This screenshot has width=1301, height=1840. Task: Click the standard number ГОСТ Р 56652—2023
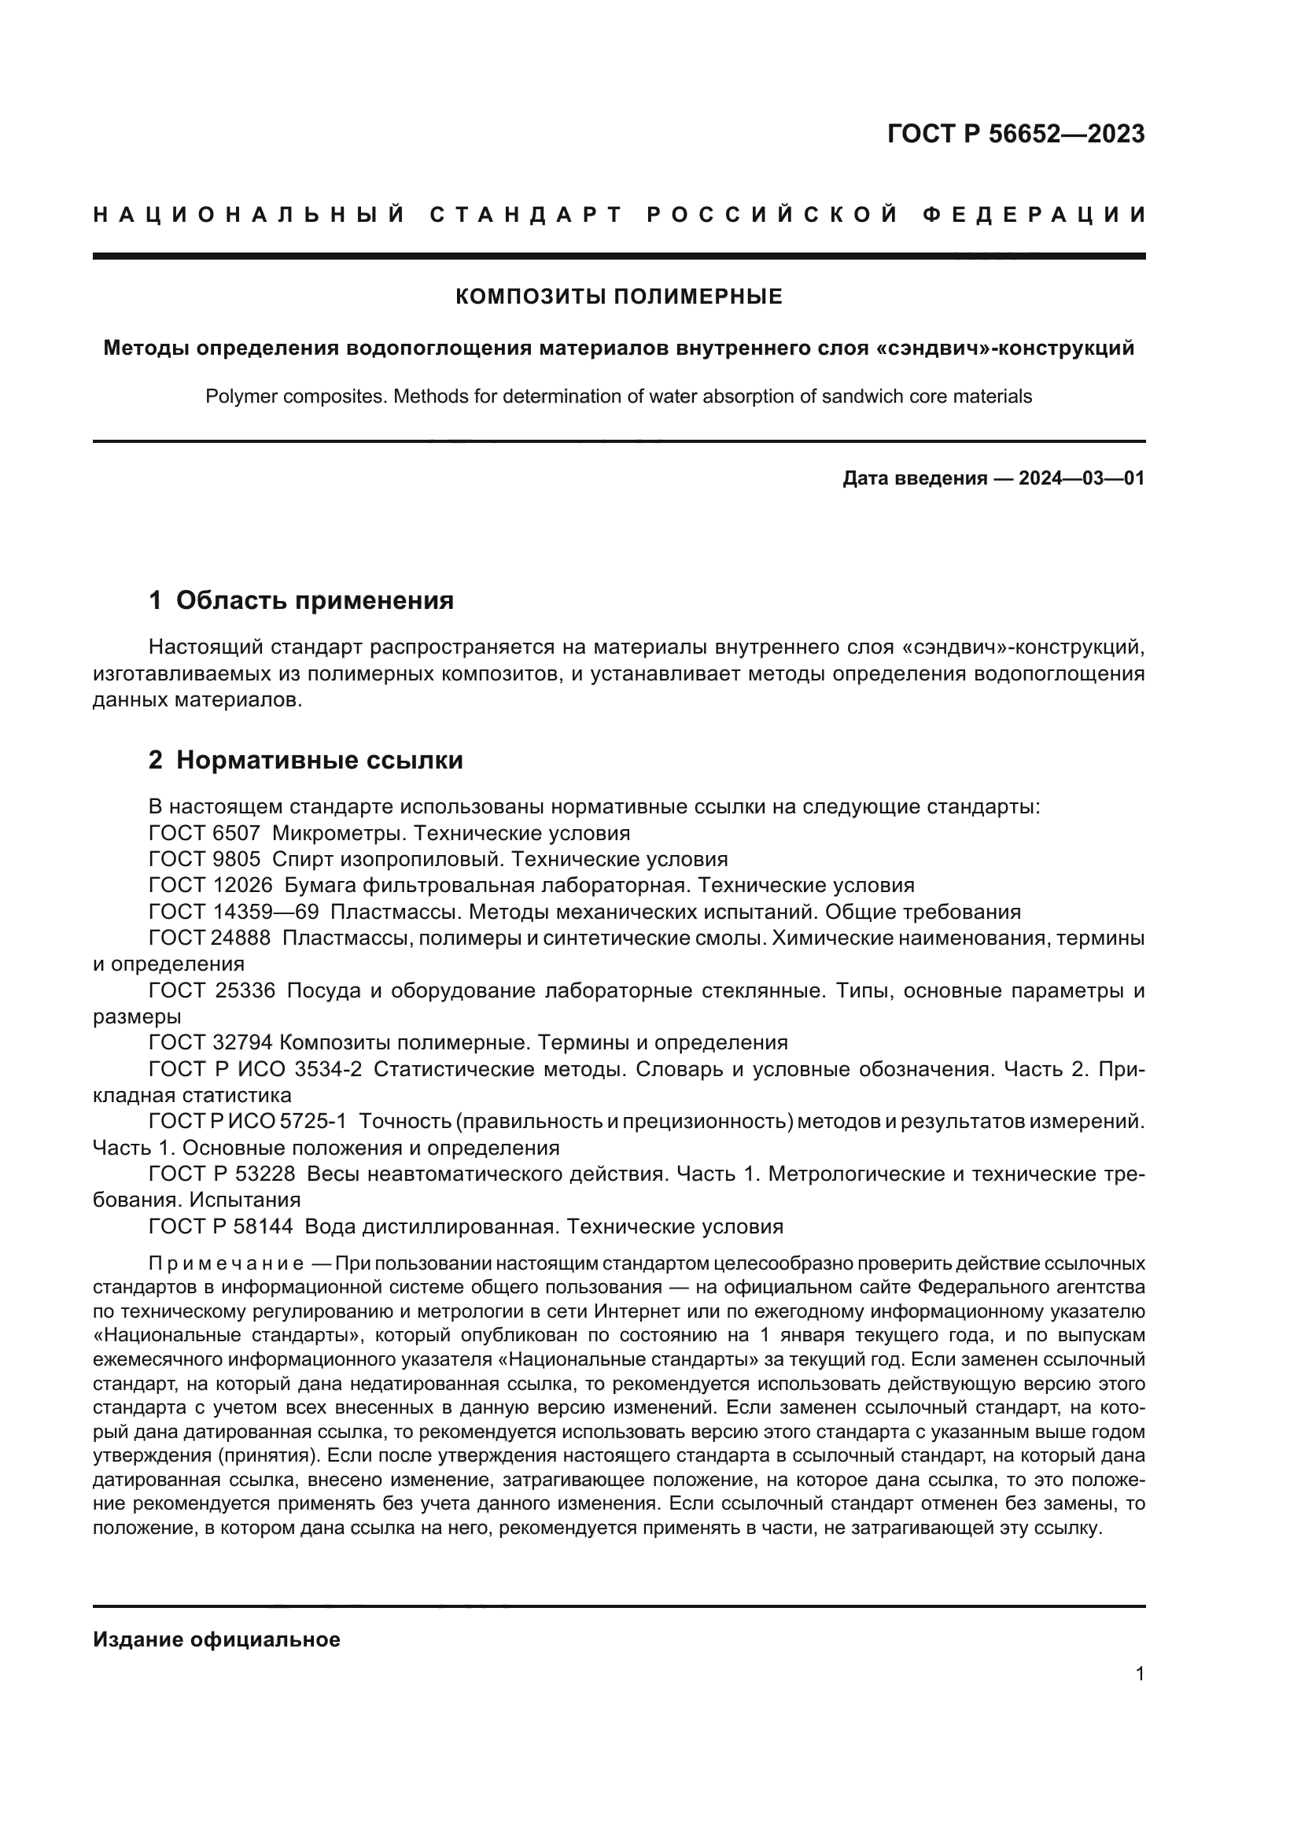1015,134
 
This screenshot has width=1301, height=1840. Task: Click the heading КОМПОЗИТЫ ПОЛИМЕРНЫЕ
618,297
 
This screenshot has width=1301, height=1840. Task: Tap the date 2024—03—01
1081,478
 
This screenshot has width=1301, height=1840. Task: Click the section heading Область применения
314,600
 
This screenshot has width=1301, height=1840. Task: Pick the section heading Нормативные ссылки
319,760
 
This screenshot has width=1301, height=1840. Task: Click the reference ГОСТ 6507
205,833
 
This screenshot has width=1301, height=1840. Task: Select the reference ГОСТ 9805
205,859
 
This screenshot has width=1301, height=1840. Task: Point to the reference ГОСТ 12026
211,886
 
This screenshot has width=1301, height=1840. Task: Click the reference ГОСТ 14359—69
234,912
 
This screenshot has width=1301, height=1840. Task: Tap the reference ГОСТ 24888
210,938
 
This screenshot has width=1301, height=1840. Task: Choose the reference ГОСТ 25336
212,990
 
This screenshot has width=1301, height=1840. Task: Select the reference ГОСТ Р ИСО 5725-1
248,1122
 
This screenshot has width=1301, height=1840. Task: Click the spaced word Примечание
226,1264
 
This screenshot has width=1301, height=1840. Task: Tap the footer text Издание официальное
216,1639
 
